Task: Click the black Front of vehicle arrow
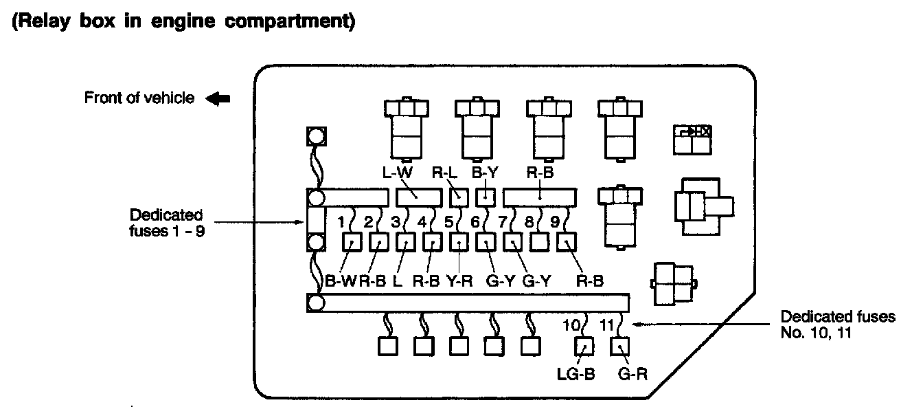click(x=218, y=98)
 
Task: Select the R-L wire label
click(x=444, y=173)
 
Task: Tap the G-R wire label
click(x=632, y=374)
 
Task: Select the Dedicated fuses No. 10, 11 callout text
click(x=837, y=324)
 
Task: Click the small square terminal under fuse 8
click(x=540, y=242)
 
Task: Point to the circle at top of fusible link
click(x=315, y=137)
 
